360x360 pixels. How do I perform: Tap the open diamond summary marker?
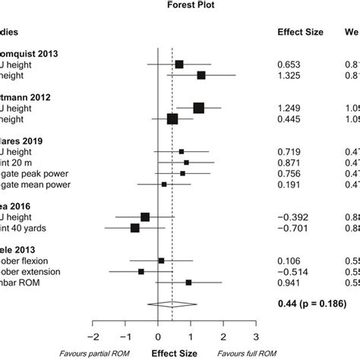tap(172, 305)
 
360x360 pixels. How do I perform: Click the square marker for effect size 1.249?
tap(199, 108)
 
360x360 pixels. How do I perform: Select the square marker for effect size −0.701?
tap(135, 227)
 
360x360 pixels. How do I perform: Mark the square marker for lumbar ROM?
tap(188, 282)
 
